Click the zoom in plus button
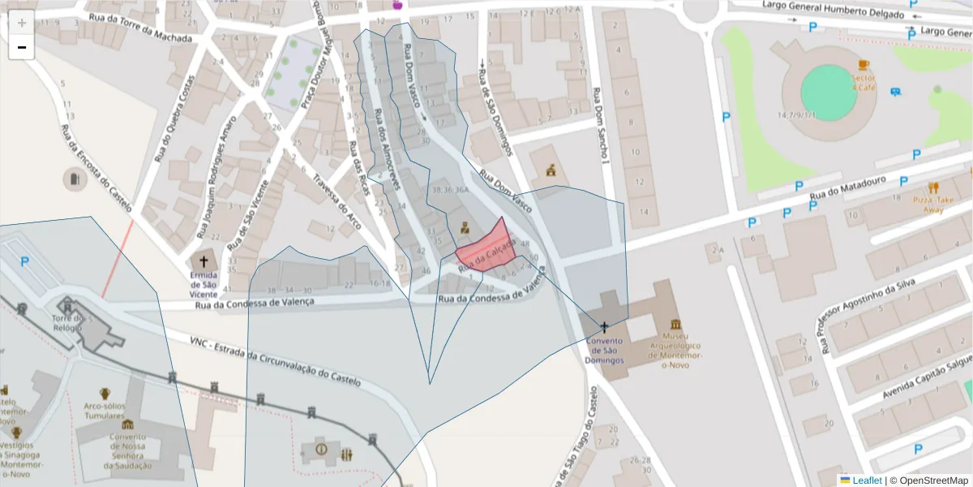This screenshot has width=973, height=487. coord(22,23)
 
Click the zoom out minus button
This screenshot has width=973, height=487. coord(22,48)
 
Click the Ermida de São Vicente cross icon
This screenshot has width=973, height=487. coord(204,261)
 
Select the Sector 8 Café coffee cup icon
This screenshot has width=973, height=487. coord(864,65)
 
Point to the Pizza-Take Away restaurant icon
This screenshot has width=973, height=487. coord(933,187)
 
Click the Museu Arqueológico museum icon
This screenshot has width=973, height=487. coord(675,325)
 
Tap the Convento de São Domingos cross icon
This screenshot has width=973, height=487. coord(605,326)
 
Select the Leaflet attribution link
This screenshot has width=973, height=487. coord(866,480)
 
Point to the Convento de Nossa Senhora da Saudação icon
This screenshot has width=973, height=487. coord(127,424)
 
